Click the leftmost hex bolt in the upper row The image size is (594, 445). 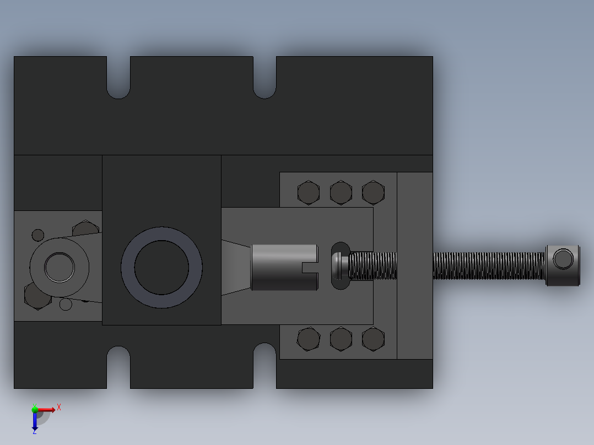coord(309,193)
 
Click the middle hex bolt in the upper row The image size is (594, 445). coord(341,193)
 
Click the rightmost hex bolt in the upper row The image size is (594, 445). coord(373,193)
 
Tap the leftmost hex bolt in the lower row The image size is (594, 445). coord(309,339)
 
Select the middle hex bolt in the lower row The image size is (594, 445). coord(341,339)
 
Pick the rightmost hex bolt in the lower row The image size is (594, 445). coord(373,339)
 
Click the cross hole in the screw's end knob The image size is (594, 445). coord(563,259)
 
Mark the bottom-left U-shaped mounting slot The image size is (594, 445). coord(118,363)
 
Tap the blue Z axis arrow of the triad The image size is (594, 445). coord(35,423)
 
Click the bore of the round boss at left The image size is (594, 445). coord(59,267)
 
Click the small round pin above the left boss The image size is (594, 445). coord(38,235)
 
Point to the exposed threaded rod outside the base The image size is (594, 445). coord(488,265)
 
